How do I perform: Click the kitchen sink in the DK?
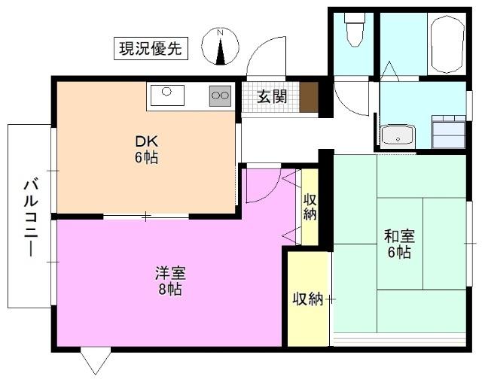[167, 96]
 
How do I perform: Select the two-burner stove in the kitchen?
[220, 96]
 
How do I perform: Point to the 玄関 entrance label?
[270, 96]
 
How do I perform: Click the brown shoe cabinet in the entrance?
[309, 97]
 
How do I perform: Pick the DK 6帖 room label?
[146, 150]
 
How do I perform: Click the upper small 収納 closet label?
[310, 206]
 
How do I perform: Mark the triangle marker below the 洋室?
[96, 360]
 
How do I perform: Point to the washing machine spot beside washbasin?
[448, 132]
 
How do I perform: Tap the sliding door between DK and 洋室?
[146, 217]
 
